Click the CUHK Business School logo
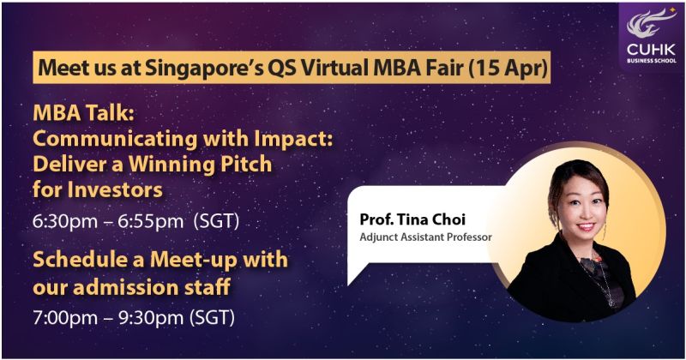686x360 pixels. (652, 36)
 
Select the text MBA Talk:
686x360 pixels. (83, 113)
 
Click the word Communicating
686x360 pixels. (115, 140)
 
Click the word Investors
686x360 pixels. (115, 189)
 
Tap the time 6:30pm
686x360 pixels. (65, 221)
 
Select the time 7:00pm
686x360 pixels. (65, 317)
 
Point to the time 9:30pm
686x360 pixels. (151, 317)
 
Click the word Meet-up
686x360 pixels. (194, 261)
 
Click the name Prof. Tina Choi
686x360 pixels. (412, 219)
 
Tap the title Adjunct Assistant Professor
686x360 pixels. (425, 237)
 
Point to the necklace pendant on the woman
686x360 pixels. (611, 302)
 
